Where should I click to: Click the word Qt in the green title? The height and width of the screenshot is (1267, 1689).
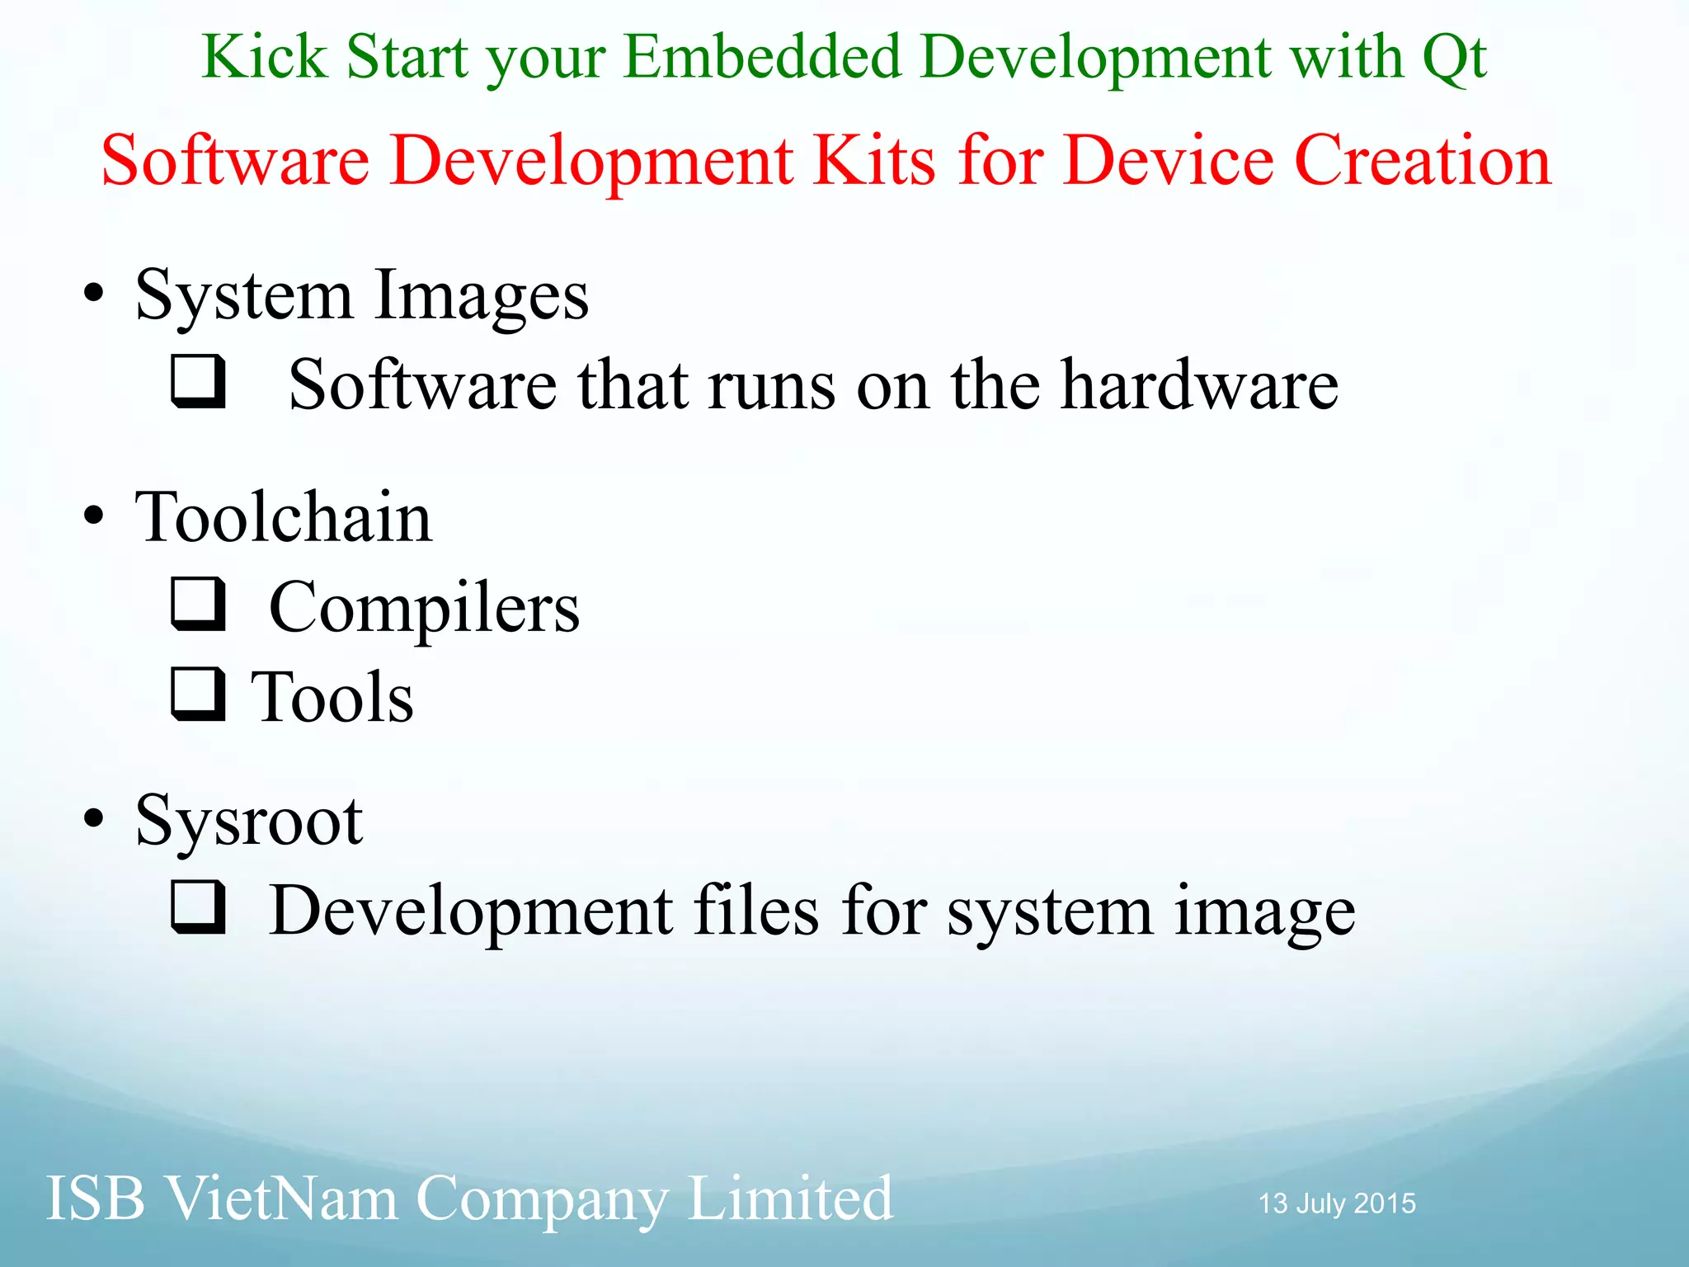[1454, 58]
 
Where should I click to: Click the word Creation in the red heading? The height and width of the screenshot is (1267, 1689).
[1423, 160]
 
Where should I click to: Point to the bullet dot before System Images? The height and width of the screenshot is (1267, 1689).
[94, 294]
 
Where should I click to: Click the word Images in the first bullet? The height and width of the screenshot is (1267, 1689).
[481, 297]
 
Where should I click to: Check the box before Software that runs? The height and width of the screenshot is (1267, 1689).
[198, 381]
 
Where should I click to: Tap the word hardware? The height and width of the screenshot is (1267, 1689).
[1199, 384]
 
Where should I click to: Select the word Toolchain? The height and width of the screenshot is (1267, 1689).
[284, 517]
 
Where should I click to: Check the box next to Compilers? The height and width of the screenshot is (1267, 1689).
[198, 604]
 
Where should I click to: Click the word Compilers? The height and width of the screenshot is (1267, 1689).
[424, 609]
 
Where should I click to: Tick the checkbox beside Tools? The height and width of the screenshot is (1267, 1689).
[198, 694]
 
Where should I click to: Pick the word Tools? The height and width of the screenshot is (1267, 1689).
[332, 698]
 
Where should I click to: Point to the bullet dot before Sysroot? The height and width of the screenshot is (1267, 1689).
[94, 818]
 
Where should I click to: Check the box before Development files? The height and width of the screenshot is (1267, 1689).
[198, 907]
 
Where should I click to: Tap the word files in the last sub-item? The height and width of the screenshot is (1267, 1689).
[756, 911]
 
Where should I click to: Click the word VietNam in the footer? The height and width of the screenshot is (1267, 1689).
[281, 1199]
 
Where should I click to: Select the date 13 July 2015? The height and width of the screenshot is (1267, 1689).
[1336, 1203]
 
